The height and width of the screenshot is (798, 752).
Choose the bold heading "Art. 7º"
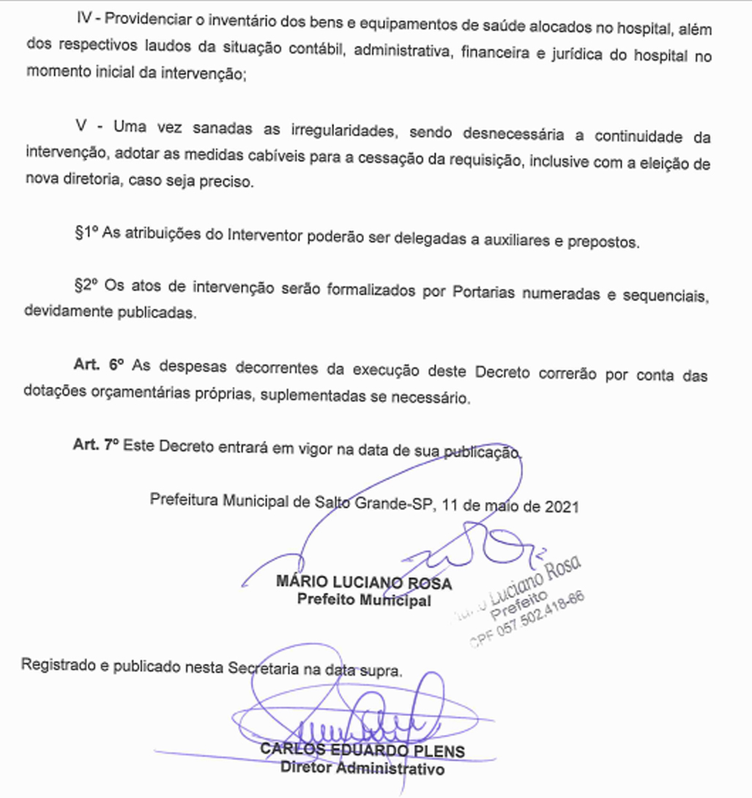pyautogui.click(x=96, y=445)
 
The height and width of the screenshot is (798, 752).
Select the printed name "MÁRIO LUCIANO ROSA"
pyautogui.click(x=363, y=583)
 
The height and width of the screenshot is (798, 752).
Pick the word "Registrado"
pyautogui.click(x=56, y=668)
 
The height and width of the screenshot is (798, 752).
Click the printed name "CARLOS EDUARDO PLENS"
pyautogui.click(x=363, y=752)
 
